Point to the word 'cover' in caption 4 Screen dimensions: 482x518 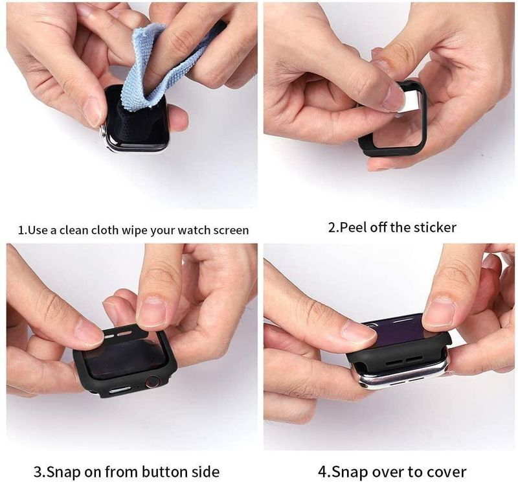click(x=445, y=472)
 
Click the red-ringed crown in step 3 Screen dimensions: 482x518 click(x=153, y=382)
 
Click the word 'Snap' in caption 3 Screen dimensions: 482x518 click(x=63, y=471)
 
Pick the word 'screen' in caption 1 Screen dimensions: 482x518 click(x=229, y=230)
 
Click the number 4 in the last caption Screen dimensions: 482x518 click(x=322, y=471)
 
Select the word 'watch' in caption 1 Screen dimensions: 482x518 click(x=187, y=230)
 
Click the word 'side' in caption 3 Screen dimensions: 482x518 click(x=201, y=471)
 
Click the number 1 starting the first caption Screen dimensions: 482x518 click(x=20, y=230)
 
